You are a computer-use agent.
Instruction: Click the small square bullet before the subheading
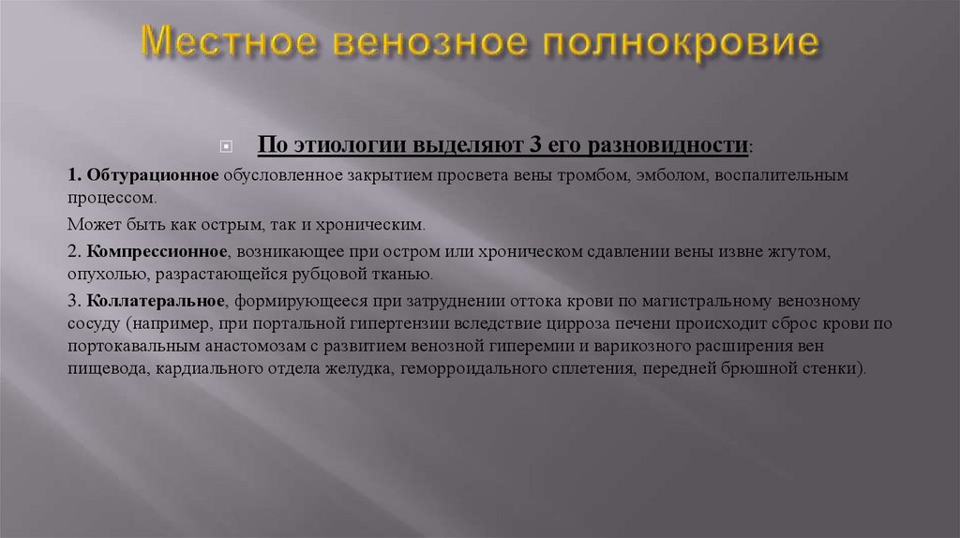tap(224, 147)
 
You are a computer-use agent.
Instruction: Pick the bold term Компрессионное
tap(157, 252)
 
